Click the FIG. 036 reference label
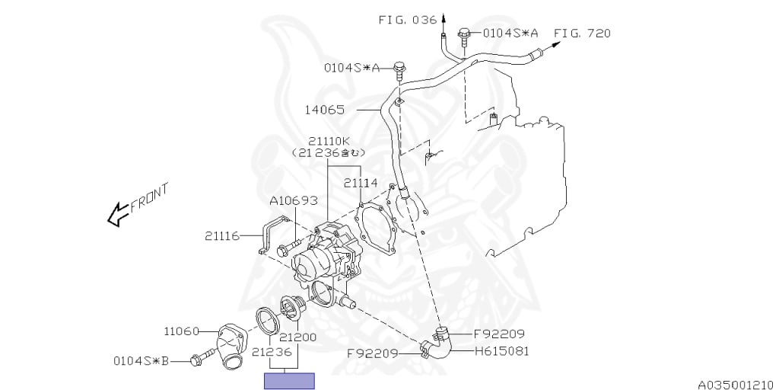tap(409, 21)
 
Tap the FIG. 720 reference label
tap(582, 34)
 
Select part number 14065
tap(325, 110)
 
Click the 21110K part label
tap(329, 141)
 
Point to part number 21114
tap(361, 183)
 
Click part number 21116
tap(222, 236)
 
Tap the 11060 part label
tap(181, 331)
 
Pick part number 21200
tap(297, 337)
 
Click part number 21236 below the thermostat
tap(272, 352)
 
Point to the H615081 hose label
tap(501, 351)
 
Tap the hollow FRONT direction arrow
tap(118, 216)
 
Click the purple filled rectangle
tap(289, 381)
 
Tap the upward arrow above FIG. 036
tap(444, 18)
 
